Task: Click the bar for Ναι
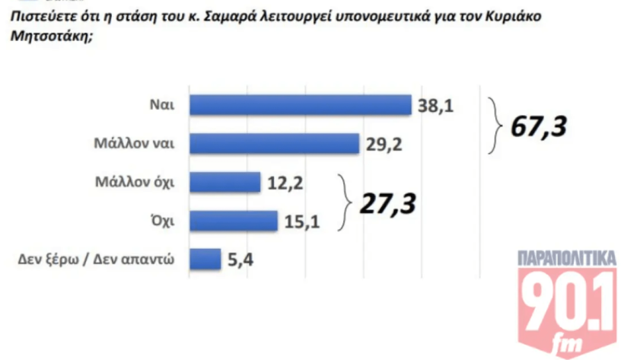pyautogui.click(x=299, y=105)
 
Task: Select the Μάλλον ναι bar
pyautogui.click(x=273, y=143)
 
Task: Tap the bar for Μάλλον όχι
pyautogui.click(x=224, y=182)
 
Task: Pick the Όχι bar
pyautogui.click(x=232, y=221)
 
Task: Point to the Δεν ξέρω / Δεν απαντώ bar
pyautogui.click(x=204, y=260)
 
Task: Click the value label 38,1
pyautogui.click(x=435, y=106)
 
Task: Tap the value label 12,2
pyautogui.click(x=285, y=183)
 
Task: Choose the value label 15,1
pyautogui.click(x=301, y=221)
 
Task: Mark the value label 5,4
pyautogui.click(x=240, y=260)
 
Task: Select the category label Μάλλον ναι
pyautogui.click(x=137, y=143)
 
